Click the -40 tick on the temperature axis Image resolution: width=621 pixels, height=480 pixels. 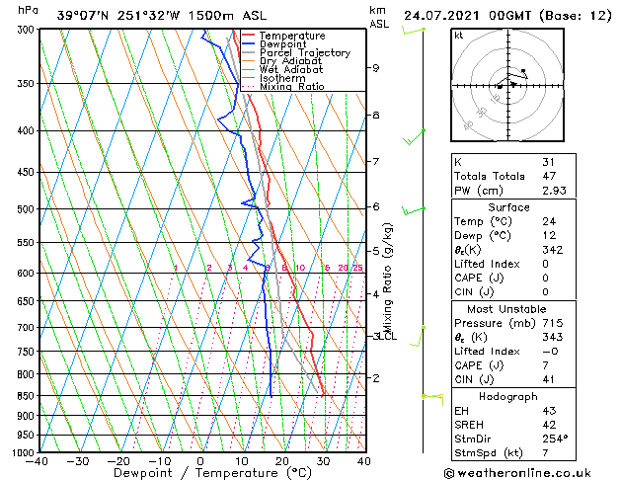coord(38,461)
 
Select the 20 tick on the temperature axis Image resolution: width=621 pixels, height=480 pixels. coord(282,461)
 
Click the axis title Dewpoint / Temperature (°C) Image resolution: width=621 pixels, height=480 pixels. coord(200,473)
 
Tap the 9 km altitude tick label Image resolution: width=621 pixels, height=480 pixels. coord(376,68)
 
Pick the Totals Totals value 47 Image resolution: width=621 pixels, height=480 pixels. coord(548,176)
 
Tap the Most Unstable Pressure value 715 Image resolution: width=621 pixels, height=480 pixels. coord(551,323)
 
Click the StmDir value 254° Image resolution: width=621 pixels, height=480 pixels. coord(554,440)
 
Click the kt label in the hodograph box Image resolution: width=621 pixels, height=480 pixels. coord(459,36)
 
